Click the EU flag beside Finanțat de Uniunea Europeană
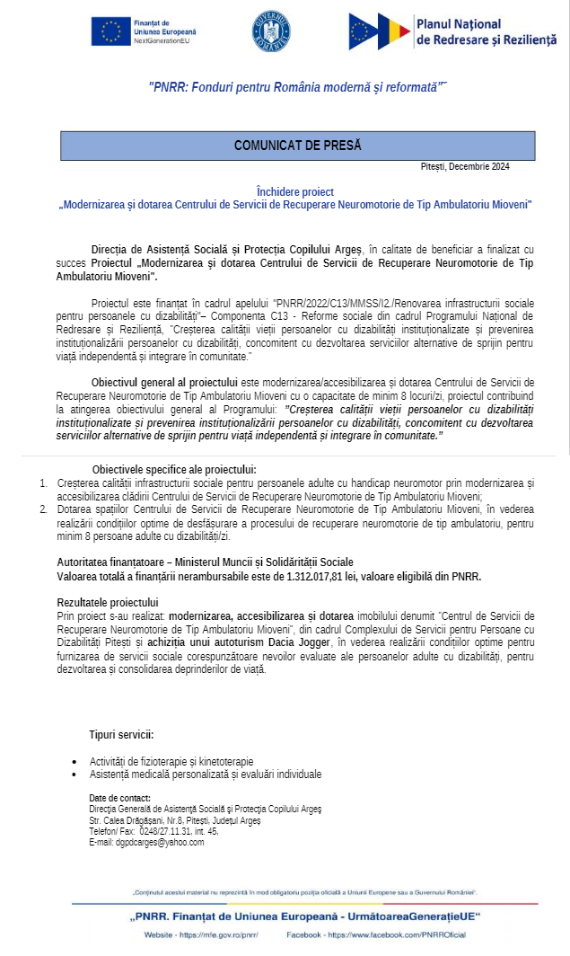click(x=110, y=31)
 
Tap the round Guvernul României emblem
click(x=271, y=31)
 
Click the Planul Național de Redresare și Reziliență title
click(x=487, y=31)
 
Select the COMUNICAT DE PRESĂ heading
click(x=298, y=146)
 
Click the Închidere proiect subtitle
click(x=295, y=191)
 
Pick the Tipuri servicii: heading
click(x=121, y=734)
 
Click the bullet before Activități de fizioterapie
click(x=75, y=762)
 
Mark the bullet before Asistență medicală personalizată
click(x=75, y=775)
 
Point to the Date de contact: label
click(x=120, y=799)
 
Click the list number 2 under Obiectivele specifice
click(x=43, y=509)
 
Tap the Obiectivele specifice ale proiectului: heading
click(x=174, y=469)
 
